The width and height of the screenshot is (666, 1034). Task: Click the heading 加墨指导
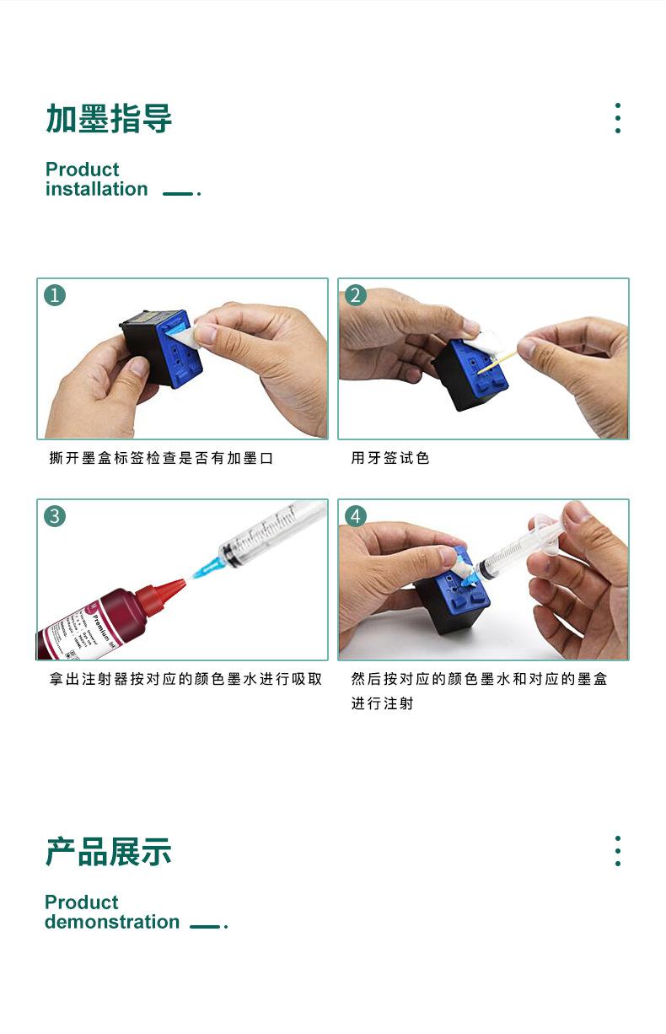pos(109,119)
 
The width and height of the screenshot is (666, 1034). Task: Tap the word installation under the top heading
pos(96,190)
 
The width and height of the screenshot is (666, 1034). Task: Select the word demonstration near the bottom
pos(111,923)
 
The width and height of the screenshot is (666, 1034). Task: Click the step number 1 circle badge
pos(56,295)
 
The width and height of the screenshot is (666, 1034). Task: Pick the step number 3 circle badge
pos(56,516)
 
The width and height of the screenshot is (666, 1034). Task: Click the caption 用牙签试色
pos(390,459)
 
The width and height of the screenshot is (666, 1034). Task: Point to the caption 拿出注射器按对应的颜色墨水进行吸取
pos(185,679)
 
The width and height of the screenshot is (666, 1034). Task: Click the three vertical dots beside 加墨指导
pos(618,119)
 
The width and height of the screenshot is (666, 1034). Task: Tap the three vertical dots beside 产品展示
pos(618,852)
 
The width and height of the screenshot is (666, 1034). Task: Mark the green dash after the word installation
pos(177,194)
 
